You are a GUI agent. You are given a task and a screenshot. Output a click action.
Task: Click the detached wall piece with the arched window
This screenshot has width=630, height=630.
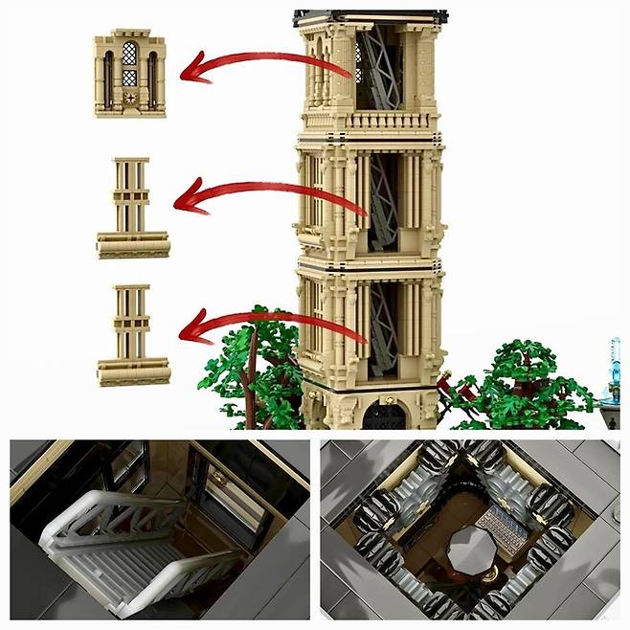[129, 74]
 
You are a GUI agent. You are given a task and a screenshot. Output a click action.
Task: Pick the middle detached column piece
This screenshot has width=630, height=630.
[132, 208]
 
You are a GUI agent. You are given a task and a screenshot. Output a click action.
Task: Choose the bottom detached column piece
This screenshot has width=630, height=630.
[132, 334]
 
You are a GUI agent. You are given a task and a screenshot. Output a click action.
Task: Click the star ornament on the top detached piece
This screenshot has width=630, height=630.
[130, 99]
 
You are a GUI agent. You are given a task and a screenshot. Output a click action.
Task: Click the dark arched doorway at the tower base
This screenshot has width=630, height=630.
[384, 416]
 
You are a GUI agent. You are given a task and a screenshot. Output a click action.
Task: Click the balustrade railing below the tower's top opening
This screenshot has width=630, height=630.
[370, 122]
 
